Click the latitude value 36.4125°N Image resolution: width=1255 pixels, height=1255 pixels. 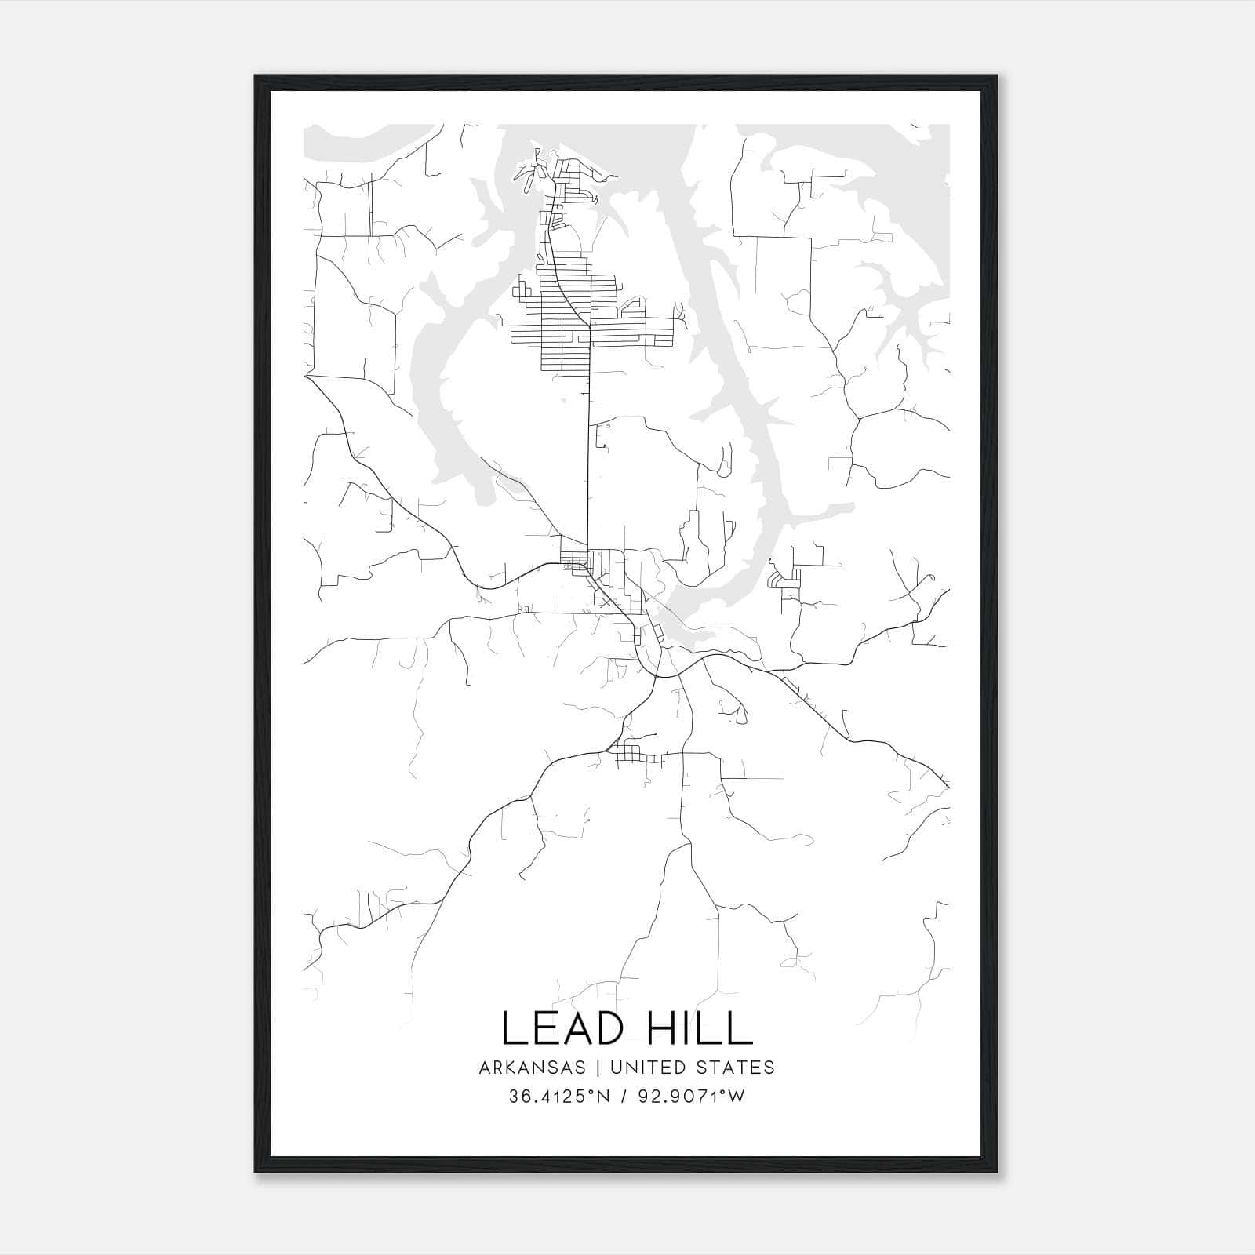point(559,1097)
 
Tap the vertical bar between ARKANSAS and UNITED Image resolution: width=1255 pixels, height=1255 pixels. point(598,1068)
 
